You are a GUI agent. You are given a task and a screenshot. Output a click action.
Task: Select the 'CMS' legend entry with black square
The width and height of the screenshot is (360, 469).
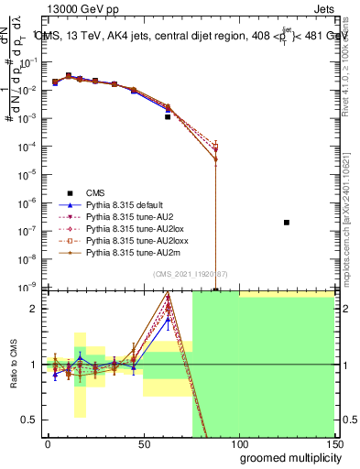tap(95, 192)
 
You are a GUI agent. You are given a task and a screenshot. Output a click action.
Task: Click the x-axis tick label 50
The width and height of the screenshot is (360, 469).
tap(143, 443)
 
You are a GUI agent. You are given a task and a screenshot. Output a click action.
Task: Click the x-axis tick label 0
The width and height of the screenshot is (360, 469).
tap(48, 443)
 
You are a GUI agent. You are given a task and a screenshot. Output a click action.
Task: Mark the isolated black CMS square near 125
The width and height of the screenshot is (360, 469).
tap(287, 223)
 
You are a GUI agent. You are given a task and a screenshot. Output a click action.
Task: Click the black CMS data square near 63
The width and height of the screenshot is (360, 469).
tap(168, 117)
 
